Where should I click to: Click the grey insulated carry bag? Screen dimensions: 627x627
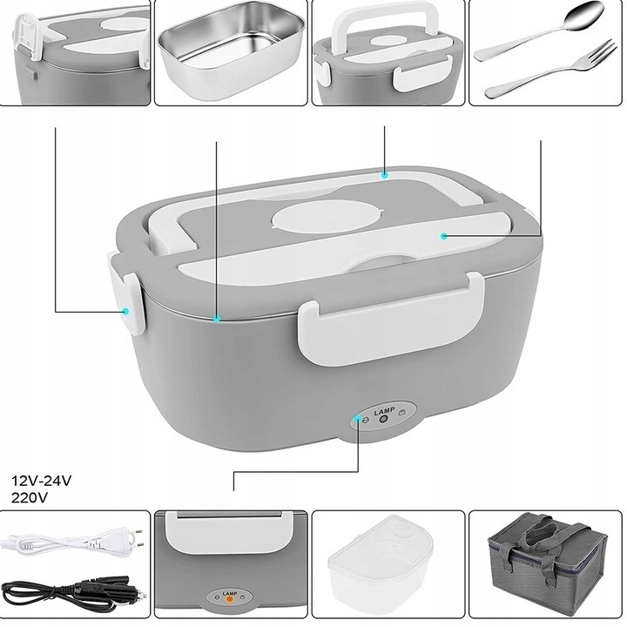(x=547, y=564)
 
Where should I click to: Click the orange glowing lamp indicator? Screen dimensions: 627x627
(x=230, y=598)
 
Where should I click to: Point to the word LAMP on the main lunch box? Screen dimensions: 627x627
(x=384, y=411)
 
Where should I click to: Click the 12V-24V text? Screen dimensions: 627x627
(x=42, y=480)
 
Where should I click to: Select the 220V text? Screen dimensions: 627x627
(x=30, y=497)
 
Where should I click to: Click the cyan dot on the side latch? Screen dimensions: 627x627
(x=126, y=311)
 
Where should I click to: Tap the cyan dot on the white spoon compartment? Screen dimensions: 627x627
(x=443, y=236)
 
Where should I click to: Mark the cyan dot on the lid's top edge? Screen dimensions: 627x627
(x=385, y=175)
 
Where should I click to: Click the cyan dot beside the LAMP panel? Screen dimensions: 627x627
(x=358, y=418)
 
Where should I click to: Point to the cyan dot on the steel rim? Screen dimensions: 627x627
(x=217, y=319)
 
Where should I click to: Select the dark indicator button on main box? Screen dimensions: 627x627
(x=384, y=420)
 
